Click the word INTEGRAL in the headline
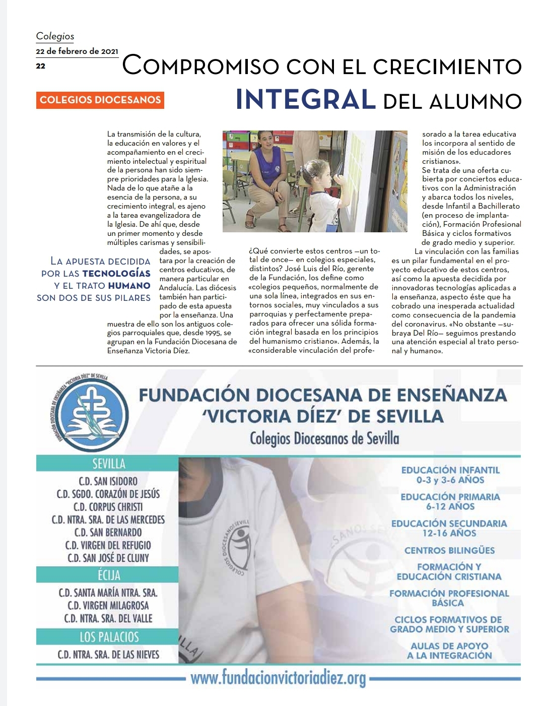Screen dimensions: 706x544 306,99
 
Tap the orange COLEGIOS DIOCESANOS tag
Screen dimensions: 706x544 100,100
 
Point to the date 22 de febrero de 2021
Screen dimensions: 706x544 77,51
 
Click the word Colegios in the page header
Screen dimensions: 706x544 55,36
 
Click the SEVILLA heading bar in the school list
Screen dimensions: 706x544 108,464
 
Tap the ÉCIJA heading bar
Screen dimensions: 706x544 108,575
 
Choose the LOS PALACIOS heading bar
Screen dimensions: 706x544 108,637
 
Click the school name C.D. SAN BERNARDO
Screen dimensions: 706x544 108,533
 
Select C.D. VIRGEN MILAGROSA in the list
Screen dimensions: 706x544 108,606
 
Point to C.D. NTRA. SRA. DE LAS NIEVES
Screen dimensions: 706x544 108,655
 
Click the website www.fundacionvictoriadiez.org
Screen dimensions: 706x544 278,678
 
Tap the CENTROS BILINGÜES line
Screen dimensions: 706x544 449,550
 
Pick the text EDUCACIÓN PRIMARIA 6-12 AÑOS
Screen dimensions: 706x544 450,501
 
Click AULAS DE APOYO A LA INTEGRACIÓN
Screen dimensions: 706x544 449,651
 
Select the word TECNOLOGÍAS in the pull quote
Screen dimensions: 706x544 116,274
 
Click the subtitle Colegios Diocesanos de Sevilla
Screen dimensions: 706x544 324,438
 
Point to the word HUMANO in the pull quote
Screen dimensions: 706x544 129,286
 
